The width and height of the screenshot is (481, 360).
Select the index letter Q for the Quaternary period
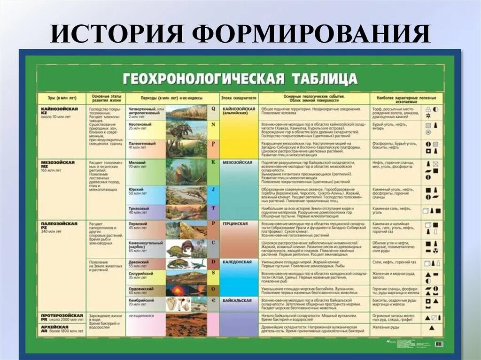213,108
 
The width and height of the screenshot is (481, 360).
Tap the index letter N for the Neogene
213,124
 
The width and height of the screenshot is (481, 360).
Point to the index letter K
213,162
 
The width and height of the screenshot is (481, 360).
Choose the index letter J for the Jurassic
213,190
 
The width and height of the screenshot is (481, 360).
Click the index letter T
213,207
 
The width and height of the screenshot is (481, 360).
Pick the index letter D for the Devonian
213,261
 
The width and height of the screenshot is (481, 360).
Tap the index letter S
213,273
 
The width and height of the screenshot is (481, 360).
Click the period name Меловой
137,162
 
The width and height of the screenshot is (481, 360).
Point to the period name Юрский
136,189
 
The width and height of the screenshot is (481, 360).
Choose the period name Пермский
139,225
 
